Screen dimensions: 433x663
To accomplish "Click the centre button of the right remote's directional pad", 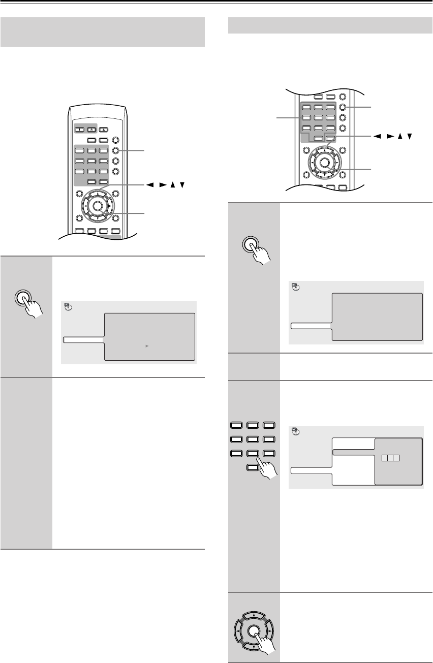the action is pyautogui.click(x=323, y=163).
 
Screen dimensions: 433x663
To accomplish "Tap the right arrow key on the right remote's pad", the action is pyautogui.click(x=335, y=163).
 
